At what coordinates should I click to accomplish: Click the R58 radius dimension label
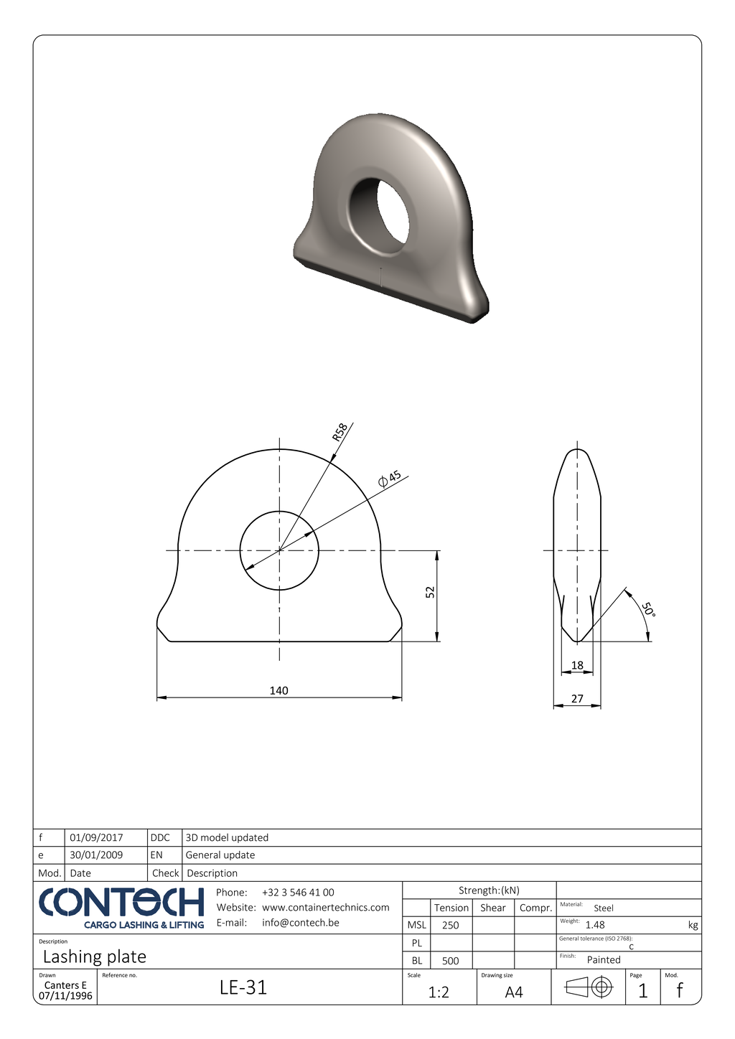point(340,432)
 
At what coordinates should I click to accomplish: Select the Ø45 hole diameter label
point(390,479)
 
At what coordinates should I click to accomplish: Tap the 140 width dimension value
point(278,690)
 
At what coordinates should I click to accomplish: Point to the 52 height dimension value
point(430,592)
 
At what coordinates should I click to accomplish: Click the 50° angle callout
point(648,609)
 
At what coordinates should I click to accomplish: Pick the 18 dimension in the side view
point(577,665)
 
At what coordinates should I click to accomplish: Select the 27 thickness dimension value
point(577,698)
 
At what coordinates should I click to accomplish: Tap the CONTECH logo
point(121,907)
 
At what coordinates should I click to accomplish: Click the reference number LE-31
point(243,987)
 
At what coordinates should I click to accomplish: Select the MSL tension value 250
point(450,925)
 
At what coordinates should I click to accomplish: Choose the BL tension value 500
point(450,961)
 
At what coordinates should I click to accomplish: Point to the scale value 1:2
point(439,992)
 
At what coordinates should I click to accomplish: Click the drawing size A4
point(514,992)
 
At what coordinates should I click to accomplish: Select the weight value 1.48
point(595,925)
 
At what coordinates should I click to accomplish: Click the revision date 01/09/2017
point(96,837)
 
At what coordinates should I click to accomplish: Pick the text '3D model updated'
point(227,837)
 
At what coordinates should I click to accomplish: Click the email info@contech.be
point(301,923)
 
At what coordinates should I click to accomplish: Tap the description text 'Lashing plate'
point(94,956)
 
